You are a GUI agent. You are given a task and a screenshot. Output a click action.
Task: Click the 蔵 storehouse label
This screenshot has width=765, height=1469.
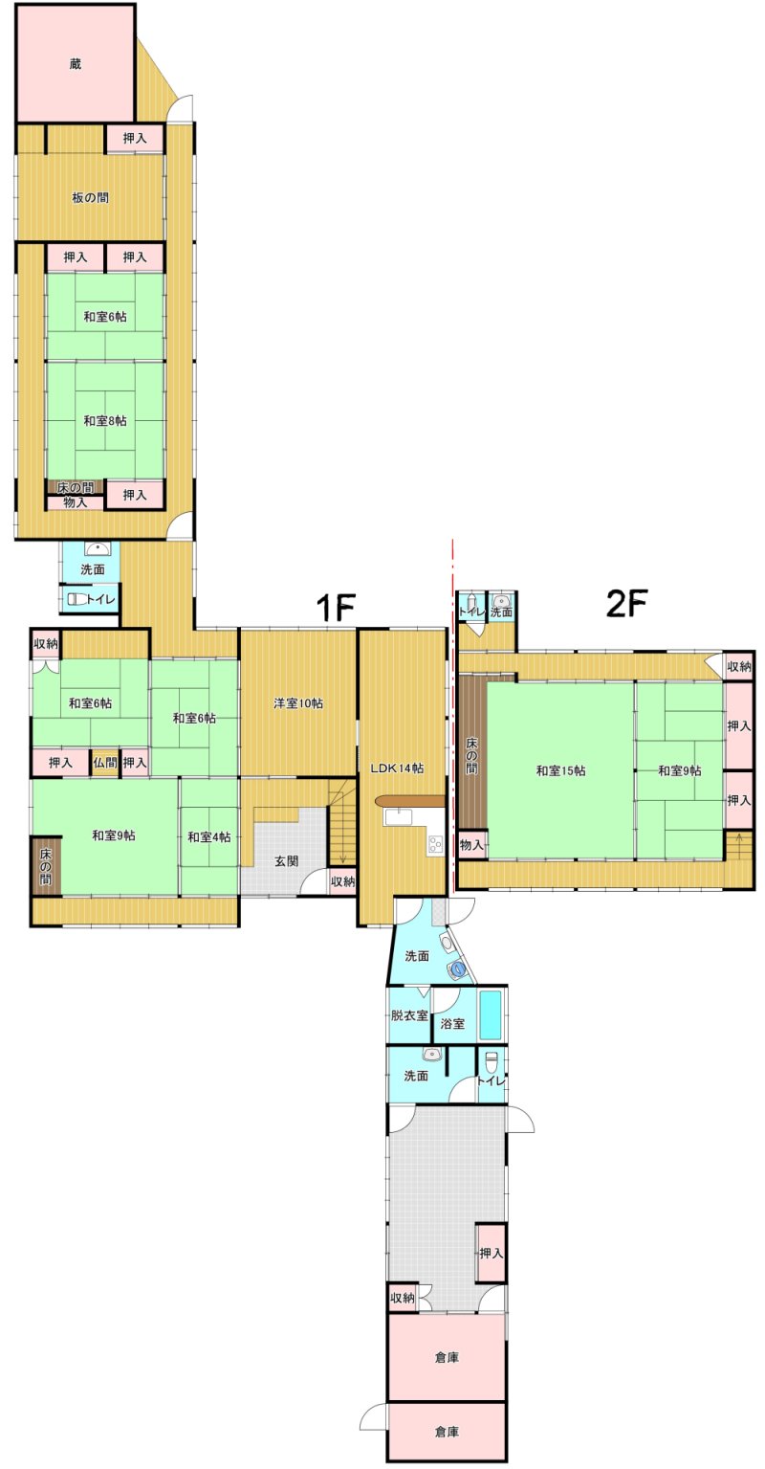coord(76,64)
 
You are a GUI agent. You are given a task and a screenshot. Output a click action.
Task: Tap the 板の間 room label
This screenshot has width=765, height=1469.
coord(91,197)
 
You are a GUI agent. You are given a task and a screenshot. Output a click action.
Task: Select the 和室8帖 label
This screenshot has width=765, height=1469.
coord(105,420)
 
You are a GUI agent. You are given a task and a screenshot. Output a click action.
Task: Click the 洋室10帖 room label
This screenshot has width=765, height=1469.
coord(298,703)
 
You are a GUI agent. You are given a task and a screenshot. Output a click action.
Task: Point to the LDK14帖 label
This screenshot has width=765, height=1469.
coord(397,768)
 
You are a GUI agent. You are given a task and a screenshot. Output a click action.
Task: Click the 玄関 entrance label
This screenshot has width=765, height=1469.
coord(287,860)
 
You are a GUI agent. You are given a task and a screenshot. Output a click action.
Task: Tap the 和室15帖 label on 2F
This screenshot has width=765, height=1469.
coord(560,770)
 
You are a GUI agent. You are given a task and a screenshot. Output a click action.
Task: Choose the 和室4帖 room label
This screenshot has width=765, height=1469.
coord(209,836)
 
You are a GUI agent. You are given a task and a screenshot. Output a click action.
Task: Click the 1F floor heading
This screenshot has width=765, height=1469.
coord(336,608)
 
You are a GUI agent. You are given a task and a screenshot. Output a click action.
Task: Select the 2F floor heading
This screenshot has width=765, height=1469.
coord(626,604)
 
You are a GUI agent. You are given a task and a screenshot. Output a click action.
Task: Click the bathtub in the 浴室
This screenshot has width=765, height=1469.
coord(491,1014)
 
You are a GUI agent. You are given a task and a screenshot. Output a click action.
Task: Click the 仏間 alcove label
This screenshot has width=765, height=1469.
coord(105,763)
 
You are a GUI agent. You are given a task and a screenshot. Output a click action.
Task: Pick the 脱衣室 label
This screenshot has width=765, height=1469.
coord(409,1015)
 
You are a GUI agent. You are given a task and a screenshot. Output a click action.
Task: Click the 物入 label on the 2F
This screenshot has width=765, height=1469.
coord(471,845)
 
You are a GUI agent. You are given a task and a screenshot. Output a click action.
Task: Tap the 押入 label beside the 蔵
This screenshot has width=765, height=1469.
coord(135,139)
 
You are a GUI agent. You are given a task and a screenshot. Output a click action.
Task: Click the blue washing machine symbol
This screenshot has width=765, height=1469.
coord(458,968)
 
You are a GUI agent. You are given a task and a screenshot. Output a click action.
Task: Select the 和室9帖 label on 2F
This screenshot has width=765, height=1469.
coord(680,770)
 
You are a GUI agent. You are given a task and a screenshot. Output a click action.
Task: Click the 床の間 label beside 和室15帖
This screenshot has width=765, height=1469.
coord(472,755)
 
